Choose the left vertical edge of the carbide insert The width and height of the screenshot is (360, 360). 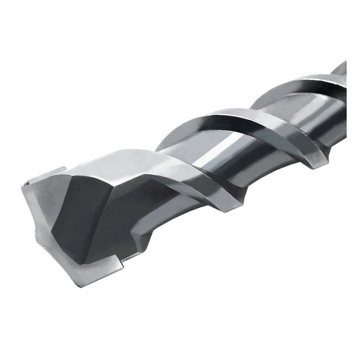click(x=24, y=198)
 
